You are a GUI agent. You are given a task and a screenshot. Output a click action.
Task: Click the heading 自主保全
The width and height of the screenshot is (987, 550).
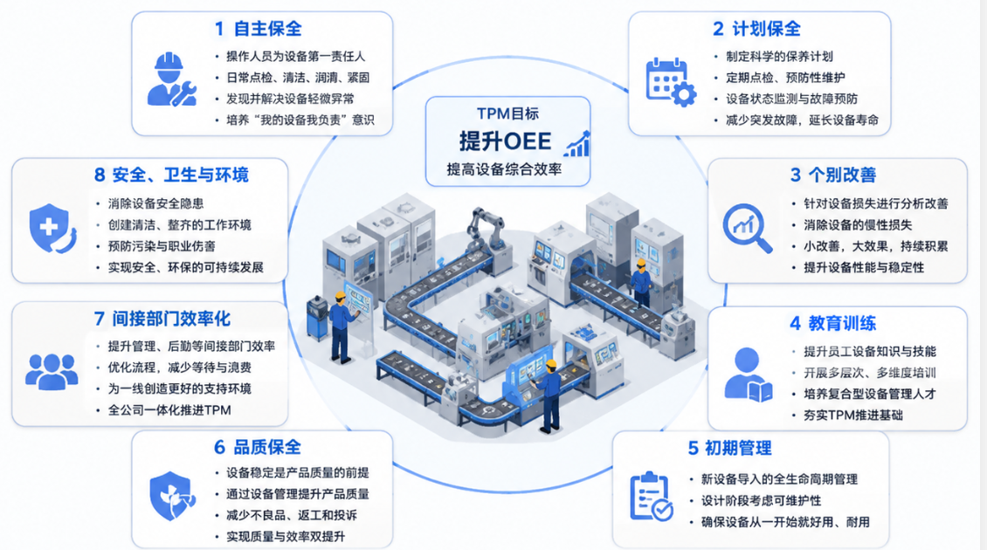pyautogui.click(x=267, y=29)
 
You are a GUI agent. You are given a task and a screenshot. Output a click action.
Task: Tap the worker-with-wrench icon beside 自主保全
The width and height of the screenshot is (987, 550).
pyautogui.click(x=171, y=79)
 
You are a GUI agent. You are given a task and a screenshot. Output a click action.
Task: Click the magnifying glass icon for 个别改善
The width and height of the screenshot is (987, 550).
pyautogui.click(x=747, y=228)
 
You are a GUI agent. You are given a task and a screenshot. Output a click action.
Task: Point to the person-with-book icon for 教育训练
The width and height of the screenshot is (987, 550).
pyautogui.click(x=748, y=375)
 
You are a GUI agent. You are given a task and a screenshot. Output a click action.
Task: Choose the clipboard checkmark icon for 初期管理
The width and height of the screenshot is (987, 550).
pyautogui.click(x=651, y=497)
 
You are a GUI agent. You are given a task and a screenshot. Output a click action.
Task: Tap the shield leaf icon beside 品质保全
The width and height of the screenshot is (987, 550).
pyautogui.click(x=172, y=496)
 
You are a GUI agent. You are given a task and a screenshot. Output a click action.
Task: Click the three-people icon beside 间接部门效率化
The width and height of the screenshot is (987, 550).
pyautogui.click(x=52, y=371)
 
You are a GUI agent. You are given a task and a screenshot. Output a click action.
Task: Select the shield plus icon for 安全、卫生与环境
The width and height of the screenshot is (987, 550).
pyautogui.click(x=52, y=228)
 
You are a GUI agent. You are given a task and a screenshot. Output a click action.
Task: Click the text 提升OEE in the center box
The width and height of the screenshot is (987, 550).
pyautogui.click(x=505, y=141)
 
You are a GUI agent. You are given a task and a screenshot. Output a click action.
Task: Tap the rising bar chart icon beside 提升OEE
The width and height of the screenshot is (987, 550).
pyautogui.click(x=577, y=144)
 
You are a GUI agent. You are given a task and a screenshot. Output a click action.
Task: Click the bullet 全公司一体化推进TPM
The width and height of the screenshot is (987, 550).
pyautogui.click(x=169, y=410)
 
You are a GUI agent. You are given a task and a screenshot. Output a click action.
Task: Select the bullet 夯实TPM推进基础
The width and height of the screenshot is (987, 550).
pyautogui.click(x=852, y=416)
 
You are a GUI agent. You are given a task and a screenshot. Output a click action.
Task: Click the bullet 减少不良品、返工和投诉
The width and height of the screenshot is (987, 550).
pyautogui.click(x=292, y=515)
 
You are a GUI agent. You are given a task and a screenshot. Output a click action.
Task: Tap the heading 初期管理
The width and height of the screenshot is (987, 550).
pyautogui.click(x=738, y=449)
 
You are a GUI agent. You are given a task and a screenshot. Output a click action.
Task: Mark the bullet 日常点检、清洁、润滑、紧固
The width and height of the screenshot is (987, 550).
pyautogui.click(x=298, y=78)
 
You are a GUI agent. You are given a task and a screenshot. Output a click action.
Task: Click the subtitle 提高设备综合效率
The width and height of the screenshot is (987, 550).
pyautogui.click(x=504, y=169)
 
